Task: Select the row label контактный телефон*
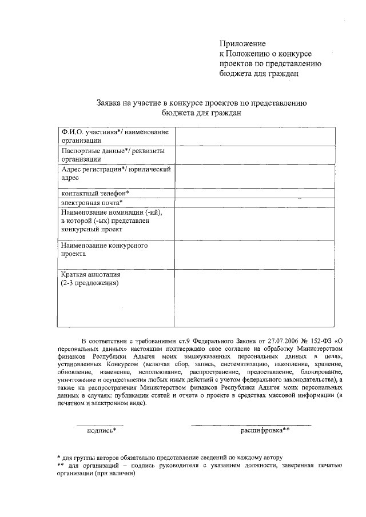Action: coord(95,194)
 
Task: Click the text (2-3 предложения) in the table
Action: coord(90,283)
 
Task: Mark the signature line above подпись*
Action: coord(100,425)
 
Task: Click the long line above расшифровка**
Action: coord(251,425)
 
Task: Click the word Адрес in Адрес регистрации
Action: coord(73,170)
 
